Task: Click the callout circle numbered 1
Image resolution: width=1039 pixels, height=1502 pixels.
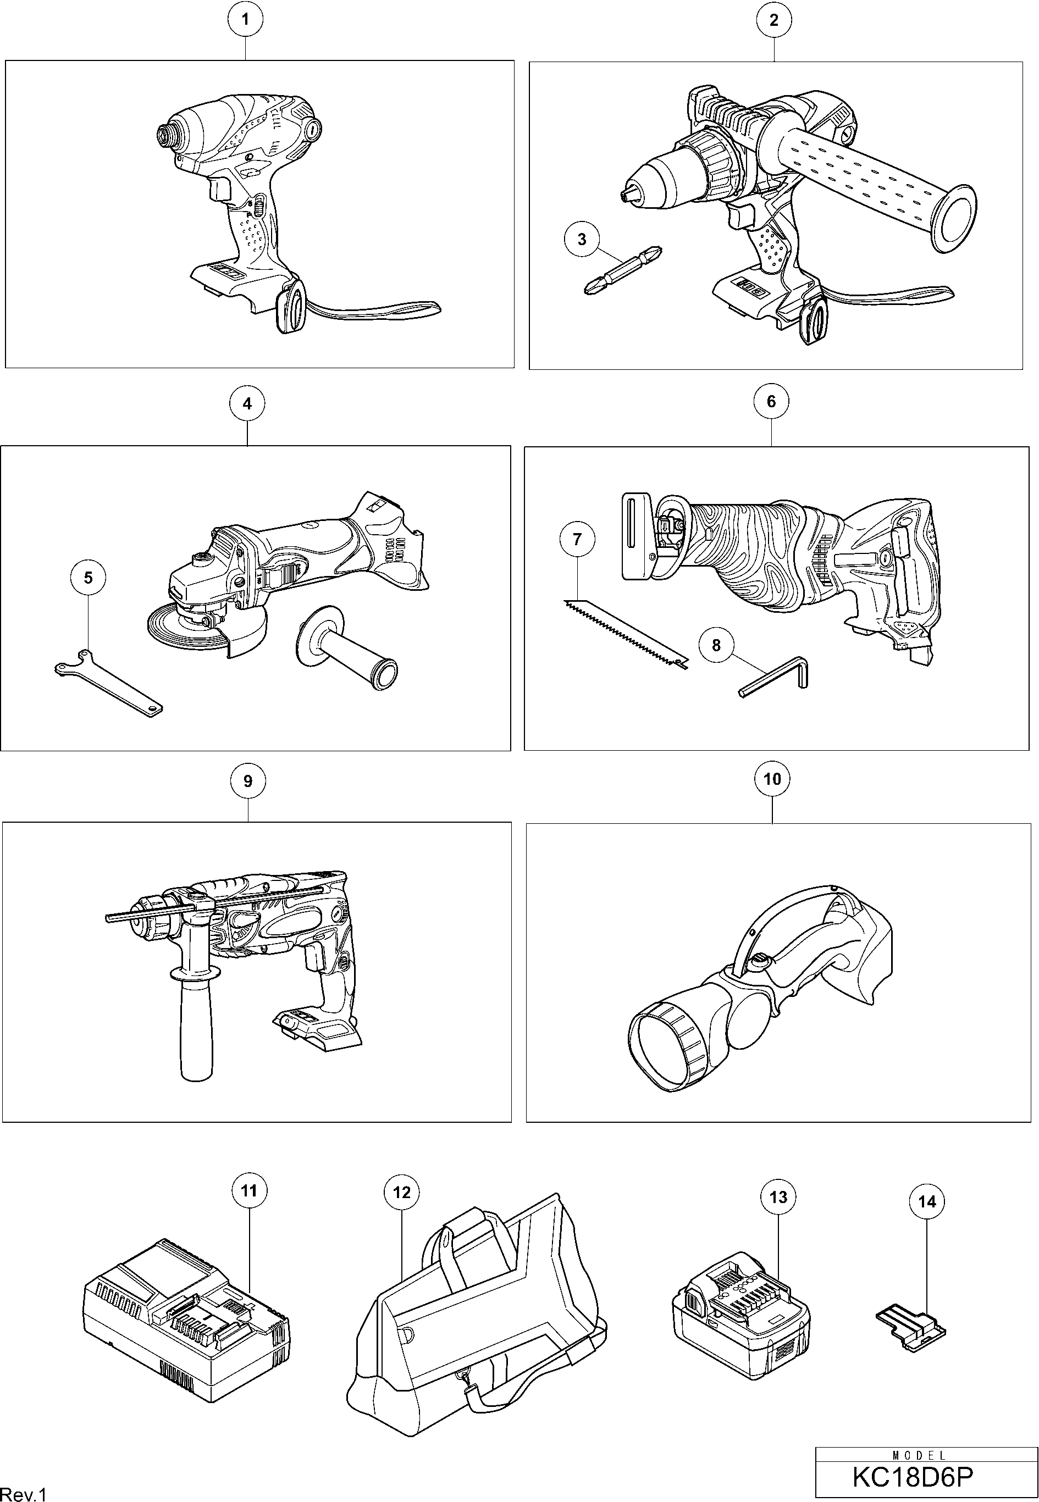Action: (x=245, y=20)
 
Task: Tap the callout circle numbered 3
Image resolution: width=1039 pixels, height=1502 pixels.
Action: (x=582, y=239)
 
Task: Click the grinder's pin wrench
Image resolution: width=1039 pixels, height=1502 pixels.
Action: (x=107, y=683)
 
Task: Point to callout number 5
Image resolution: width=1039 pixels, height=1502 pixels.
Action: (x=89, y=578)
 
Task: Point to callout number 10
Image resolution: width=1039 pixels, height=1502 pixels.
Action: (x=772, y=778)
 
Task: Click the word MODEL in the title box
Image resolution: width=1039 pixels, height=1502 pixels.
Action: (x=919, y=1455)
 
